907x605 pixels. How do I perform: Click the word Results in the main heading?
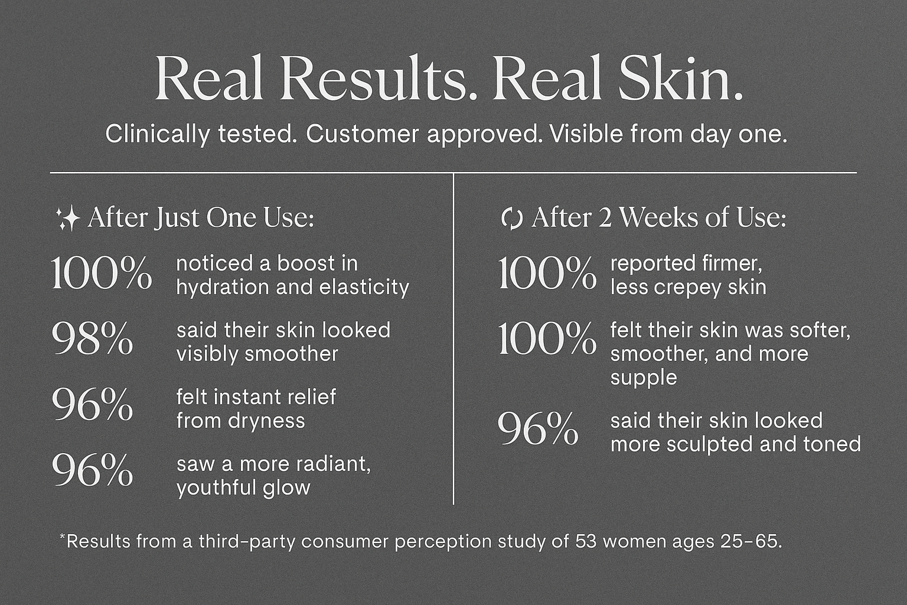(373, 78)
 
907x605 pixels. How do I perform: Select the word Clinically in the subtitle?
(158, 135)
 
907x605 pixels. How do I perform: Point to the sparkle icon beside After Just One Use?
(68, 218)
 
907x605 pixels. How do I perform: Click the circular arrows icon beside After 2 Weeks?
(512, 219)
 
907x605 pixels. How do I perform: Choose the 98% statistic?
(92, 339)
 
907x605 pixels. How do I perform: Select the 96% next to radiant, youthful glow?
(92, 471)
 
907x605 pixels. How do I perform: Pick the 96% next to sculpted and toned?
(538, 429)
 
